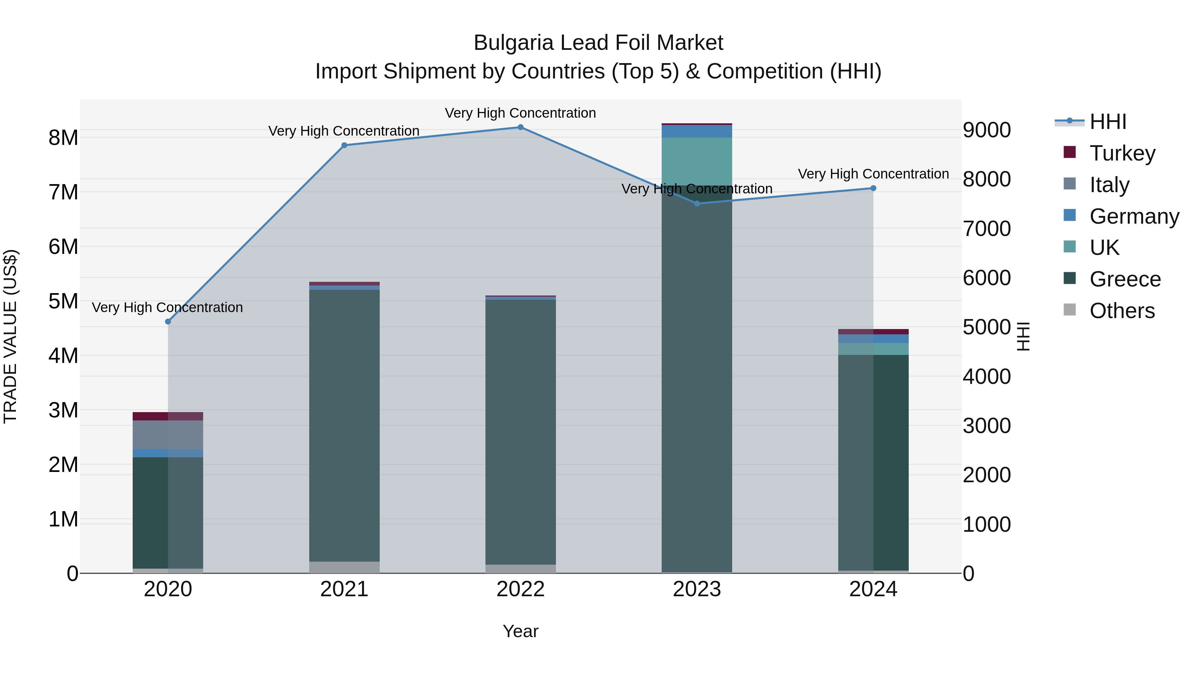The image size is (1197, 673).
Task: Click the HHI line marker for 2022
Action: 520,127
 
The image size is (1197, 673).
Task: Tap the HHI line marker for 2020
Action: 168,321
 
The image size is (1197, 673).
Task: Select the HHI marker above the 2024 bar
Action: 873,188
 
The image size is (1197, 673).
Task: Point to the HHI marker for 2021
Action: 344,145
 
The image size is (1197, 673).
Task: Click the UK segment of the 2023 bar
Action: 697,160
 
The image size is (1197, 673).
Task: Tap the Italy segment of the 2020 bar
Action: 168,435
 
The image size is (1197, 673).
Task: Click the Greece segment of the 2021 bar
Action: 344,425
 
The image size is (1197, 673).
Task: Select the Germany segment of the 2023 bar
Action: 697,131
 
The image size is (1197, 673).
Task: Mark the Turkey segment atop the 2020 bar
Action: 168,416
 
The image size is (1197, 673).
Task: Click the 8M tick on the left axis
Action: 63,138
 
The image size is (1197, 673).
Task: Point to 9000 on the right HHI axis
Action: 986,130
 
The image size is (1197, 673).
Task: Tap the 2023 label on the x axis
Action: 697,589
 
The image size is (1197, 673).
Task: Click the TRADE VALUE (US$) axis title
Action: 10,336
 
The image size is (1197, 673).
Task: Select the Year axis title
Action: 520,631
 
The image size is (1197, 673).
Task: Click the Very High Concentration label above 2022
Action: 520,113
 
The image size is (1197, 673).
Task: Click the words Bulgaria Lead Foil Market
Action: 598,43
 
